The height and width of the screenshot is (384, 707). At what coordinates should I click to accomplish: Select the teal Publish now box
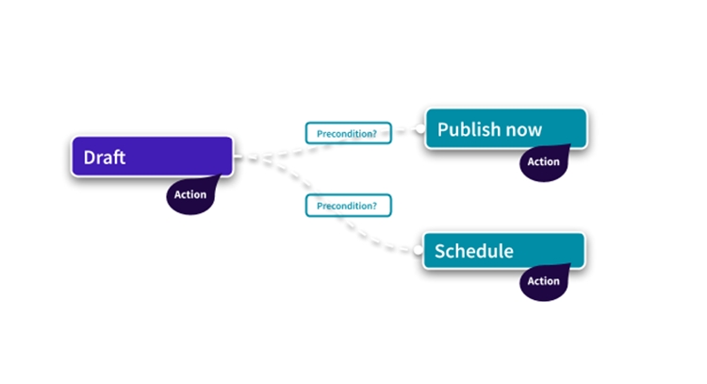(505, 128)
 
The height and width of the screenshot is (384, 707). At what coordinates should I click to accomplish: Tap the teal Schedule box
(503, 251)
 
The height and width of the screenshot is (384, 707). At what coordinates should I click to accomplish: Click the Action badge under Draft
(189, 195)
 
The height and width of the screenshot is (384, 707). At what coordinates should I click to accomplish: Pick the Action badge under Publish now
(543, 161)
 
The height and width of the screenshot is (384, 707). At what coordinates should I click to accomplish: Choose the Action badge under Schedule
(543, 281)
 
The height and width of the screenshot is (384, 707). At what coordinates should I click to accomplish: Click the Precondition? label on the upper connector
(347, 133)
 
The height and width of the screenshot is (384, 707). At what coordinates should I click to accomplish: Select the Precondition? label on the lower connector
(347, 204)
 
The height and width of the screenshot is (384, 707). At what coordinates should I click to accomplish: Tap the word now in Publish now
(523, 129)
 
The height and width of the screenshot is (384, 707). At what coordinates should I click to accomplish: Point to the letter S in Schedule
(439, 251)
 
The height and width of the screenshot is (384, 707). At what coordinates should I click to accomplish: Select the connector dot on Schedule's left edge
(419, 250)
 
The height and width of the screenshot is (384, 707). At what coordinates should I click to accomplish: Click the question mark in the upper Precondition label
(374, 133)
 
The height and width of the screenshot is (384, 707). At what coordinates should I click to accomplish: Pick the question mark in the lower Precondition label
(374, 204)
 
